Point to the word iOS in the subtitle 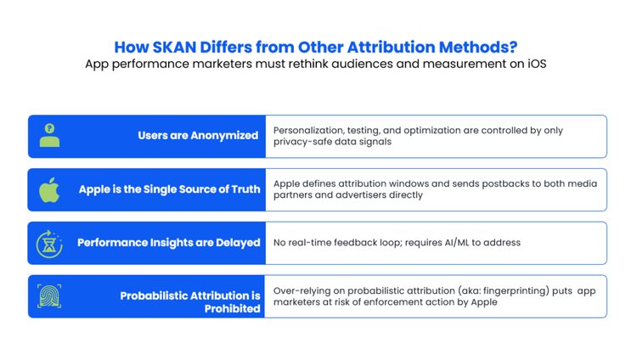537,64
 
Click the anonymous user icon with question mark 49,135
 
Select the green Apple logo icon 49,189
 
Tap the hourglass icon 49,244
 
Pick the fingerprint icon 49,296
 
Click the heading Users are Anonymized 198,135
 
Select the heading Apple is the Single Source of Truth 169,189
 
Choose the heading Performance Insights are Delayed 169,243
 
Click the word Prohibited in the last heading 233,309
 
